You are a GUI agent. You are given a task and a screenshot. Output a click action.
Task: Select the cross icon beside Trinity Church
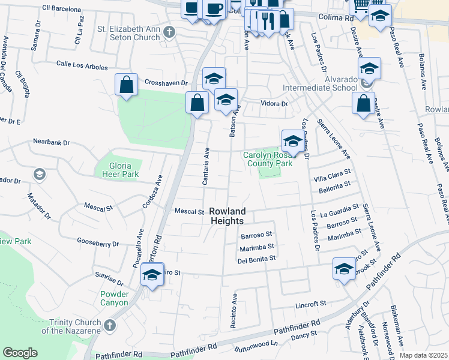[x=109, y=325]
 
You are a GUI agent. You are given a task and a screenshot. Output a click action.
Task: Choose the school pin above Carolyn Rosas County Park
[x=292, y=141]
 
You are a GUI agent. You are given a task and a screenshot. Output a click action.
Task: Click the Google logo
[x=20, y=353]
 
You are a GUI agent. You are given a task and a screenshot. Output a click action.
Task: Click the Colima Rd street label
[x=336, y=19]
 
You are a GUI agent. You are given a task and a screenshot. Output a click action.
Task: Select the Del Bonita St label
[x=256, y=259]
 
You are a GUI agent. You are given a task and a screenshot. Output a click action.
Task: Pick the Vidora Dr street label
[x=274, y=104]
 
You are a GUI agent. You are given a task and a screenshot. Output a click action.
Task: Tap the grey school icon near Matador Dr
[x=39, y=174]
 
